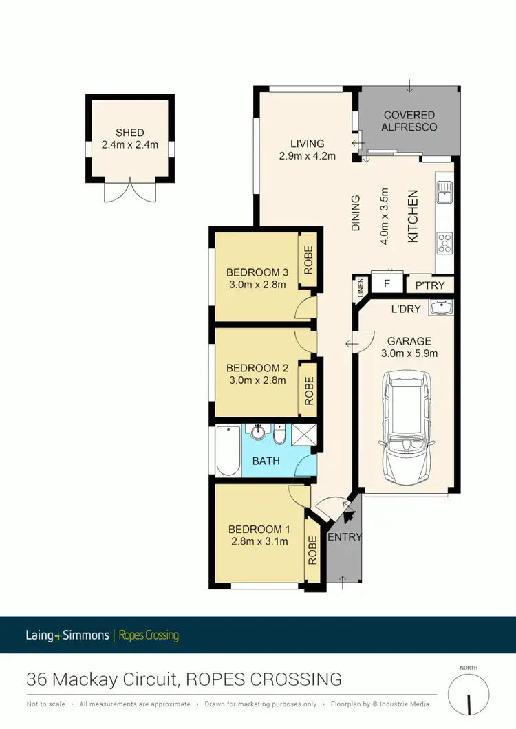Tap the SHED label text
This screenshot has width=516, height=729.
click(x=130, y=133)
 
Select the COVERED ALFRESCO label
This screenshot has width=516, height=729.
click(x=409, y=121)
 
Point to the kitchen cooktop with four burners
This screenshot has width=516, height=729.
click(x=444, y=241)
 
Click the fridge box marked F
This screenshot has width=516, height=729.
click(x=387, y=283)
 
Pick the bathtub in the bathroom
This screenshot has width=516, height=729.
click(x=228, y=451)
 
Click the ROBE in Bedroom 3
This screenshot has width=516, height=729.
click(x=308, y=260)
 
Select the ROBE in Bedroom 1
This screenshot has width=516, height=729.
click(x=313, y=550)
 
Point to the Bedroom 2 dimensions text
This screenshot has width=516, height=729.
click(x=256, y=379)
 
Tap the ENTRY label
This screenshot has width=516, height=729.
click(x=344, y=537)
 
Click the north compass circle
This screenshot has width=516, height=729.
click(x=469, y=695)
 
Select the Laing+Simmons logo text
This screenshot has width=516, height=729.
click(x=68, y=635)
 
